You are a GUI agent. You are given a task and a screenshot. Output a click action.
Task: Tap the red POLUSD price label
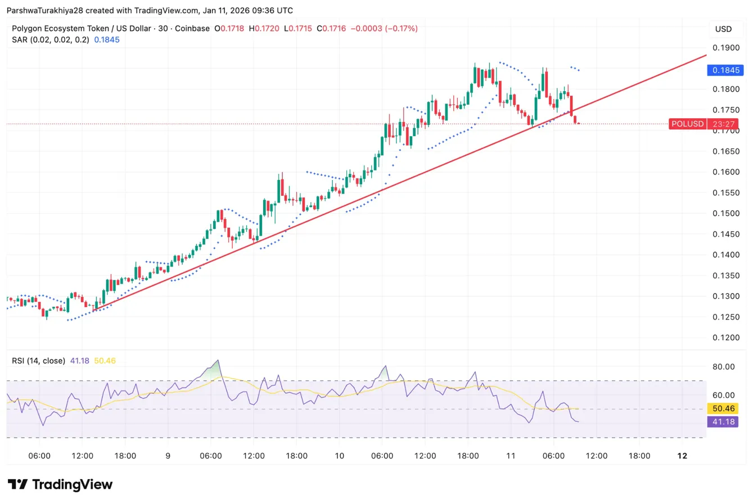point(687,124)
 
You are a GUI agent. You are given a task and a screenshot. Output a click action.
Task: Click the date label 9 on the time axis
point(168,456)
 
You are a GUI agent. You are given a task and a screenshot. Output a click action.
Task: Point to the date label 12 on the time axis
point(682,456)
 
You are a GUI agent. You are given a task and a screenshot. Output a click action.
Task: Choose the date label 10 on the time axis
point(339,456)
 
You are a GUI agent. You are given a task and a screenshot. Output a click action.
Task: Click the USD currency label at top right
point(723,29)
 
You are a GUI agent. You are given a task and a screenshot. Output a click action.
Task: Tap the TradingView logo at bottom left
point(60,484)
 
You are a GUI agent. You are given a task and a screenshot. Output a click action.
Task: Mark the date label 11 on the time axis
point(511,456)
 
